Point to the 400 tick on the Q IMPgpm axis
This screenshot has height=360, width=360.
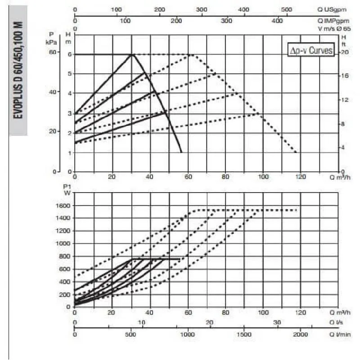pos(278,20)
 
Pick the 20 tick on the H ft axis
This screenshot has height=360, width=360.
pos(344,52)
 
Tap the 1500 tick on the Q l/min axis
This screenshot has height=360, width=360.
pos(244,335)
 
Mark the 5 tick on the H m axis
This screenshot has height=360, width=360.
pos(68,73)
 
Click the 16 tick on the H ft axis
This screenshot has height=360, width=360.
pos(344,76)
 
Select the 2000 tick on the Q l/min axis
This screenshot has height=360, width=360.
pos(301,335)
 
